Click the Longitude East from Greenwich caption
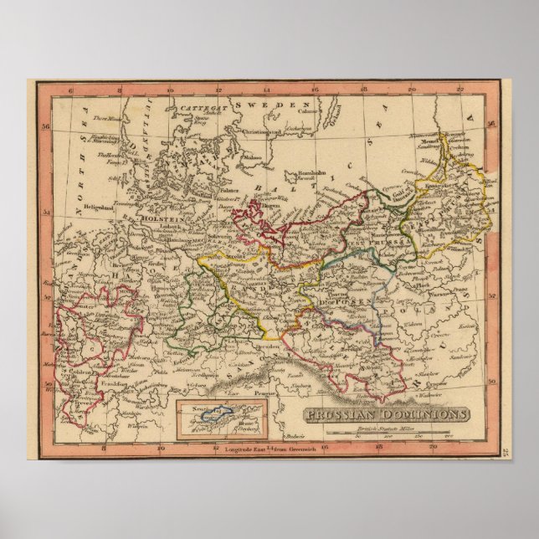tap(264, 452)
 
